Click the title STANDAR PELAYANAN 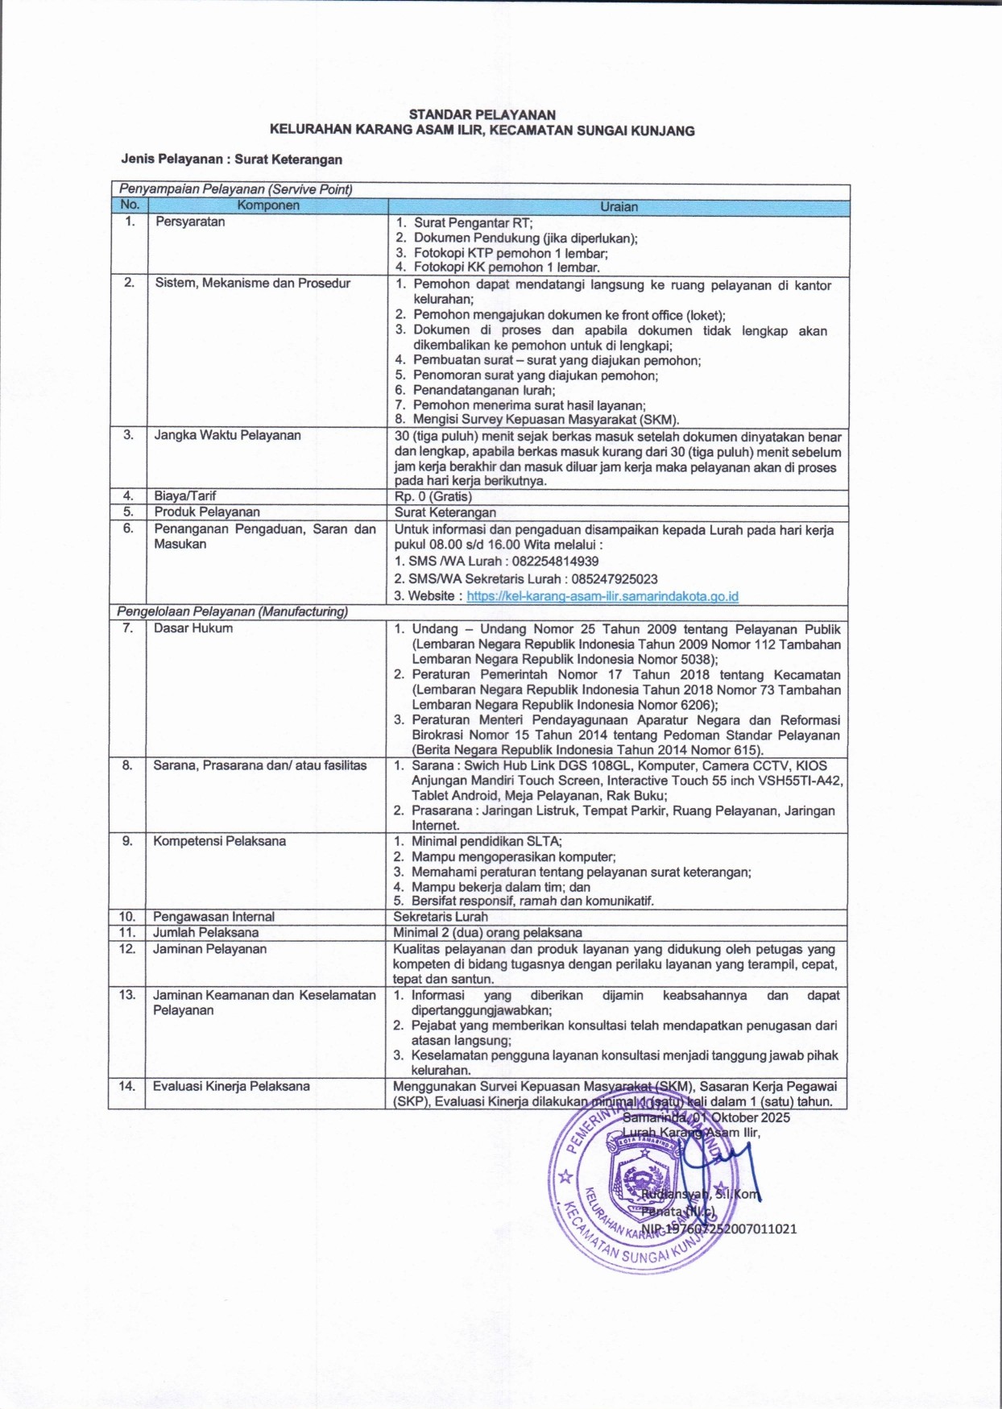click(x=482, y=115)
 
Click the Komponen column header click(x=267, y=206)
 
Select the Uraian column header click(x=618, y=207)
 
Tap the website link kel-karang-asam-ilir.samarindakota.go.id click(x=602, y=596)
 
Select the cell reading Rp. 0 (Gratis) click(x=433, y=496)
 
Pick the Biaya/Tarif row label click(x=185, y=496)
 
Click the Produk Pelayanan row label click(x=207, y=512)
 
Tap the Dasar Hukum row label click(x=193, y=628)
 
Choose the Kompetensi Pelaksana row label click(x=219, y=841)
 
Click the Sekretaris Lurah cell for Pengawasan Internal click(x=440, y=917)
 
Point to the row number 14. click(x=127, y=1086)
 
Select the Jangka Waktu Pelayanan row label click(x=227, y=435)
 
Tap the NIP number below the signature click(x=718, y=1229)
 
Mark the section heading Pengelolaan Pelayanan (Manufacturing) click(x=232, y=611)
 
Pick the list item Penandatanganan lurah click(x=483, y=390)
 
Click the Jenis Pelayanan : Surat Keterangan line click(x=231, y=160)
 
